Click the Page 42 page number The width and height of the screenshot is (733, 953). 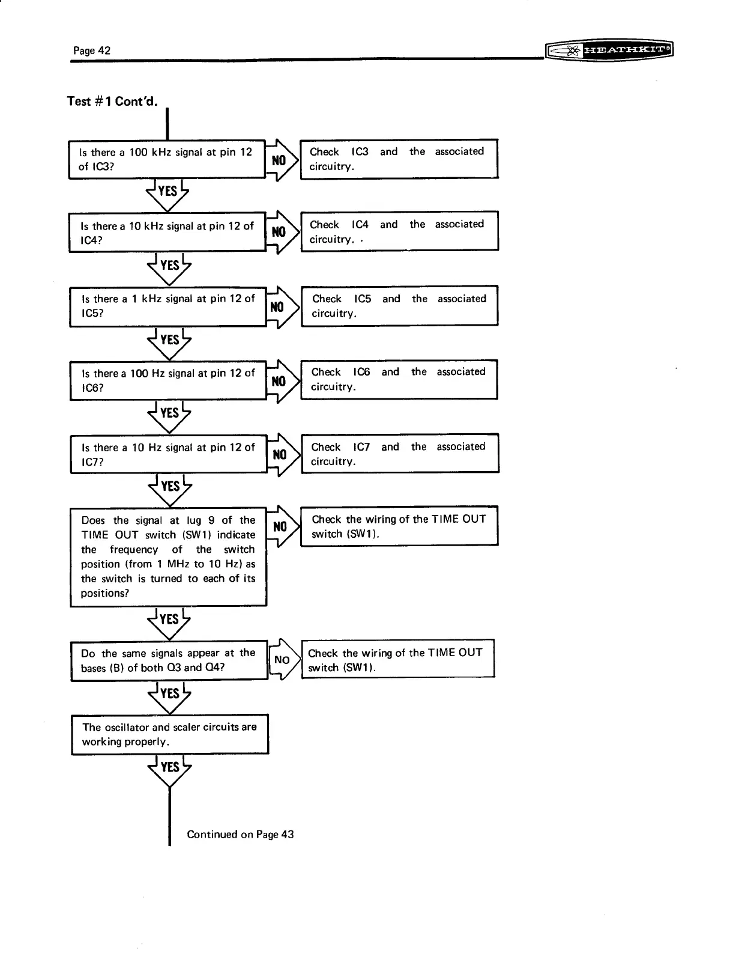pyautogui.click(x=91, y=50)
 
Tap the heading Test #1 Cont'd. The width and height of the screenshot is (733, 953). pyautogui.click(x=112, y=101)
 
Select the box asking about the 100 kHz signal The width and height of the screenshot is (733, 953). pyautogui.click(x=166, y=159)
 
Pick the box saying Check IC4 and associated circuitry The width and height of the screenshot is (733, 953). pyautogui.click(x=399, y=231)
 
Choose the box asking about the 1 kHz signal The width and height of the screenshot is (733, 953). pyautogui.click(x=167, y=306)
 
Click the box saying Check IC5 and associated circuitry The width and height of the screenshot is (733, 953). pyautogui.click(x=399, y=306)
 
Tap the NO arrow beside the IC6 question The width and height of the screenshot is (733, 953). pyautogui.click(x=281, y=381)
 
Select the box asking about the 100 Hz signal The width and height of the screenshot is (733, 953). pyautogui.click(x=167, y=380)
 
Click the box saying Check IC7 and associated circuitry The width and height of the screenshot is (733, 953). pyautogui.click(x=399, y=454)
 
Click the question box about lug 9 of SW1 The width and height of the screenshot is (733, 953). pyautogui.click(x=168, y=556)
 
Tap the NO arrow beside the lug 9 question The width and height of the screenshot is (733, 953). pyautogui.click(x=282, y=527)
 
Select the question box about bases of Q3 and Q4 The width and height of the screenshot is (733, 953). pyautogui.click(x=169, y=660)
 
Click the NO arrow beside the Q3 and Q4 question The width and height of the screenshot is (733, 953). pyautogui.click(x=283, y=660)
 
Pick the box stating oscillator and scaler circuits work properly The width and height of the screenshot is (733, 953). pyautogui.click(x=169, y=734)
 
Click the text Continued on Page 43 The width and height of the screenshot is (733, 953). pyautogui.click(x=240, y=834)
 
